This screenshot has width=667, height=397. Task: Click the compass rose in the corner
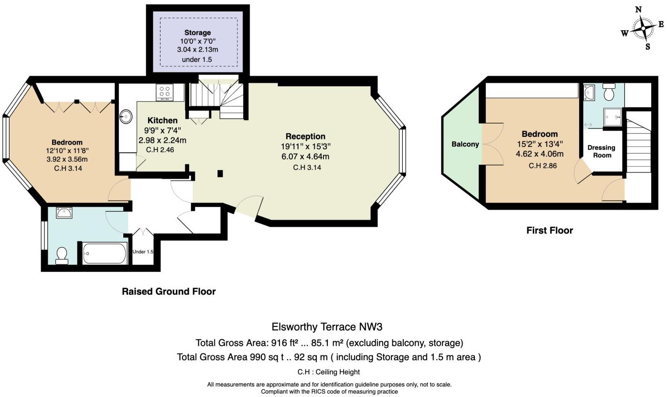click(x=643, y=28)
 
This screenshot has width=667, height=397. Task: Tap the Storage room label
click(x=197, y=33)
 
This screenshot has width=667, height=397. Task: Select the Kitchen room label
click(x=162, y=121)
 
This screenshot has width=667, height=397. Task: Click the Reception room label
click(x=305, y=136)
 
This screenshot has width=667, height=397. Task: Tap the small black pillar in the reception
click(x=220, y=174)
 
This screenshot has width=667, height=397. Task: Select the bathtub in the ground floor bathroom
click(x=105, y=253)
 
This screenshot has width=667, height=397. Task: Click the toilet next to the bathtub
click(x=62, y=256)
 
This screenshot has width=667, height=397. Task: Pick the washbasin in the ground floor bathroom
click(x=64, y=213)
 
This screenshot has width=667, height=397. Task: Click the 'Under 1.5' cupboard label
click(x=143, y=252)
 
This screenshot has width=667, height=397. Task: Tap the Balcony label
click(x=465, y=144)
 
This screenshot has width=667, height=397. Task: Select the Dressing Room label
click(x=601, y=151)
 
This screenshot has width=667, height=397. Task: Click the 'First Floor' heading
click(x=549, y=230)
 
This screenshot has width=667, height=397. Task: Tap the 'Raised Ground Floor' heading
click(x=169, y=292)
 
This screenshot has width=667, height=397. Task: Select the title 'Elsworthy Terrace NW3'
click(x=327, y=327)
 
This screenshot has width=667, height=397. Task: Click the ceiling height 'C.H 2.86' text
click(x=542, y=166)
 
